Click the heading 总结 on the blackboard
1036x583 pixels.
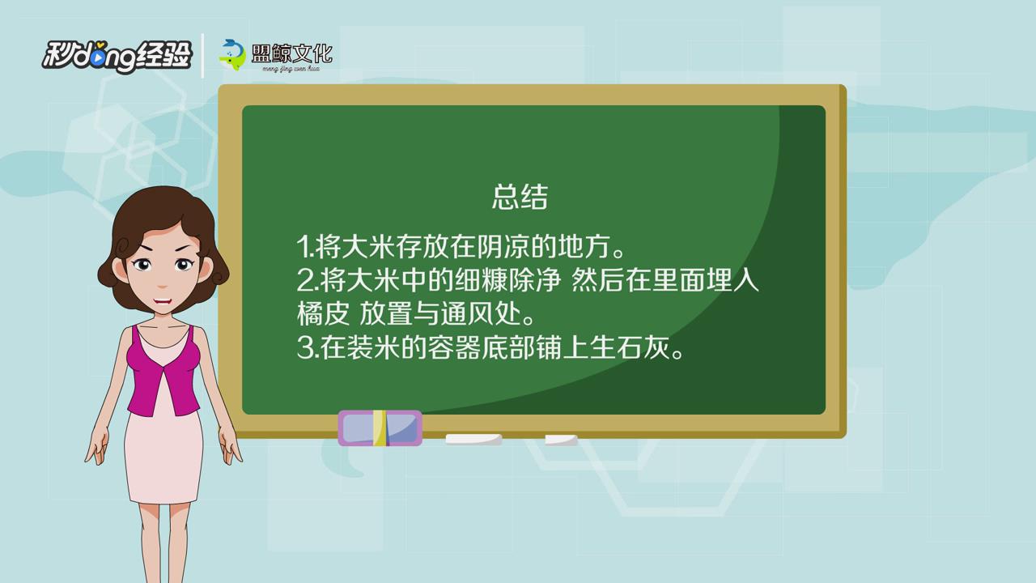(x=520, y=198)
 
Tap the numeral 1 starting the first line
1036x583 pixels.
(x=303, y=247)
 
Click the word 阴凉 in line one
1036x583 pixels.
(x=503, y=247)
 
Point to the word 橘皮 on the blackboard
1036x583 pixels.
(x=323, y=313)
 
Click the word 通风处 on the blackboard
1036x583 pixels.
(x=481, y=313)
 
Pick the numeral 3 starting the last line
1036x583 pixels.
(x=305, y=347)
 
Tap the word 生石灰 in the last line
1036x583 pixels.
(x=630, y=347)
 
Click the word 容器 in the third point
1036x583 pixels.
(x=453, y=347)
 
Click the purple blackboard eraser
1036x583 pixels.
(x=380, y=428)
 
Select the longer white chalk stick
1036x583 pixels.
(x=473, y=440)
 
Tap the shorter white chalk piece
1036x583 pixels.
(x=561, y=440)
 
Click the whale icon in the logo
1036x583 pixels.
(x=232, y=54)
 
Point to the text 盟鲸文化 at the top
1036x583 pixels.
(x=292, y=53)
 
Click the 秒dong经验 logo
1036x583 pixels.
(x=117, y=57)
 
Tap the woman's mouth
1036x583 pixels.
(x=163, y=302)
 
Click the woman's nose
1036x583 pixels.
(x=162, y=283)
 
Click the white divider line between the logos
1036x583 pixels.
(x=202, y=56)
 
